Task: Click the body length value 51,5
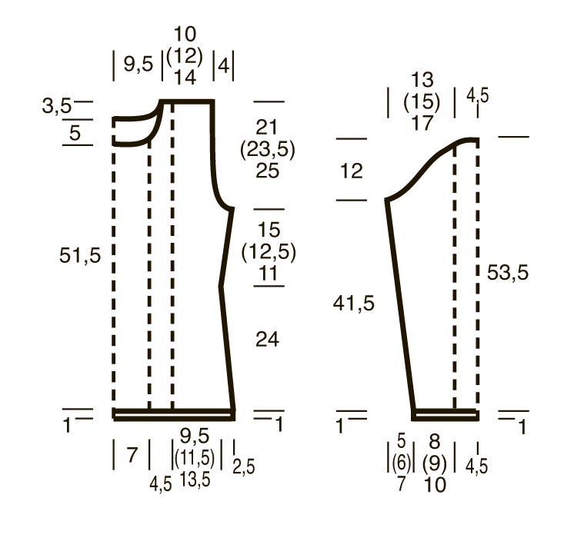[x=80, y=255]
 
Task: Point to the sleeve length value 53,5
[x=508, y=273]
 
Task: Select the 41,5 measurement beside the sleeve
[x=354, y=304]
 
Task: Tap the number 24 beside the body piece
[x=267, y=339]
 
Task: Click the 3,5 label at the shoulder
[x=57, y=106]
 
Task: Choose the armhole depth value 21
[x=267, y=128]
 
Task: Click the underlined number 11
[x=269, y=274]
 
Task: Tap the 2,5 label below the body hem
[x=243, y=466]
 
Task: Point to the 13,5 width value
[x=195, y=480]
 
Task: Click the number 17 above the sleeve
[x=422, y=123]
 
